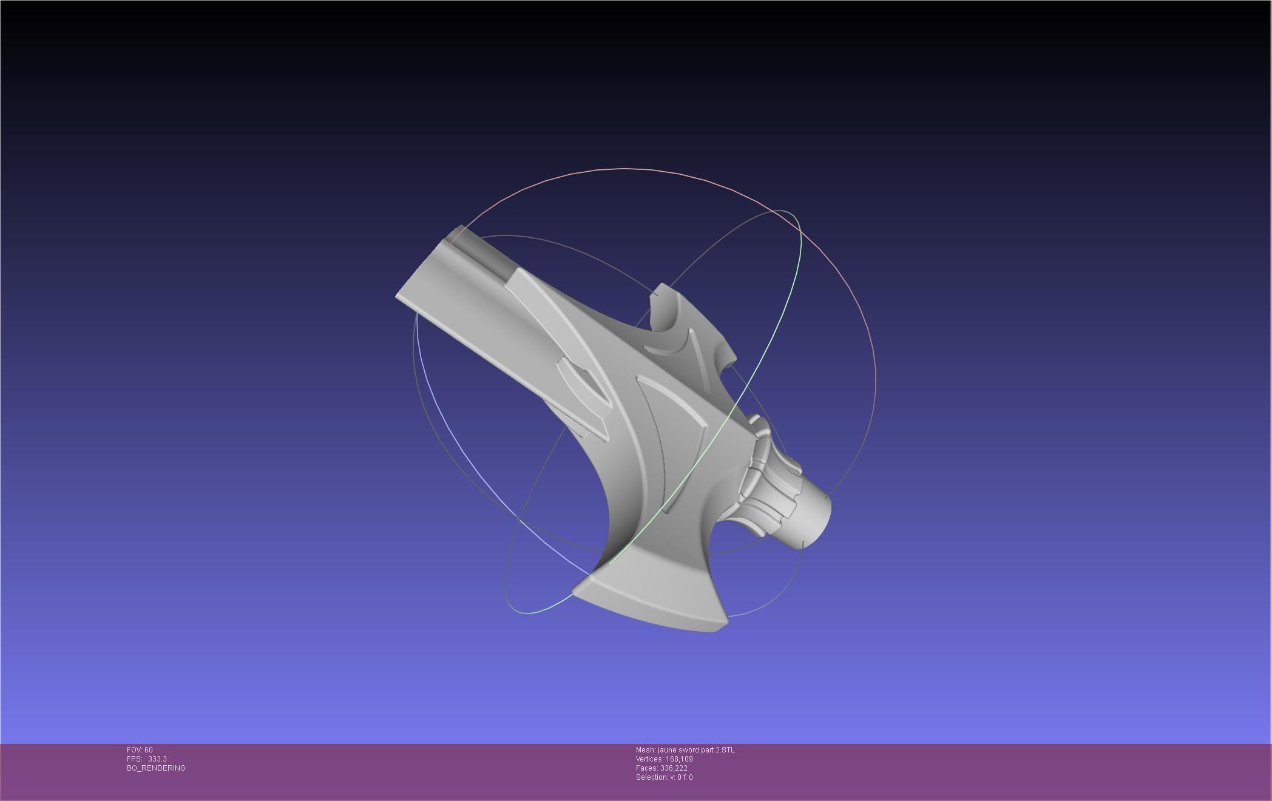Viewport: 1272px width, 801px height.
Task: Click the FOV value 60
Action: point(149,750)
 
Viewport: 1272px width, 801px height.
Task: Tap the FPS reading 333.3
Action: point(157,759)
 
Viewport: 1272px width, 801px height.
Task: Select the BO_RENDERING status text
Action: point(156,768)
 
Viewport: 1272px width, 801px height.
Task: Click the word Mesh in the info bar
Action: point(645,750)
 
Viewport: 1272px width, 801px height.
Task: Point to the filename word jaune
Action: point(668,750)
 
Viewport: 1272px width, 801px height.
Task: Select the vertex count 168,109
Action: point(679,759)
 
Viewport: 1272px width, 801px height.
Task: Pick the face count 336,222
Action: point(674,768)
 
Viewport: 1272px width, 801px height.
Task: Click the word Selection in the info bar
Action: point(651,777)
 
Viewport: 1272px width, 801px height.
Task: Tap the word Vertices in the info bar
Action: point(649,759)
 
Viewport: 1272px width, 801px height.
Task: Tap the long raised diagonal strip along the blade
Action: point(558,322)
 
